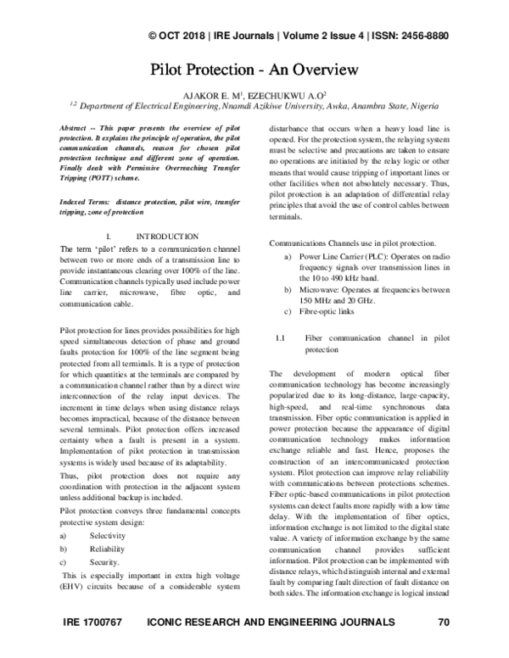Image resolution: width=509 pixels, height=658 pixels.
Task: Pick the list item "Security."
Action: (101, 562)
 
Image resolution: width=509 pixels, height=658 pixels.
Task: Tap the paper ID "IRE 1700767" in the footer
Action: (93, 647)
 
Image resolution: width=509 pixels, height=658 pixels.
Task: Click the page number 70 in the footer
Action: (442, 647)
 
